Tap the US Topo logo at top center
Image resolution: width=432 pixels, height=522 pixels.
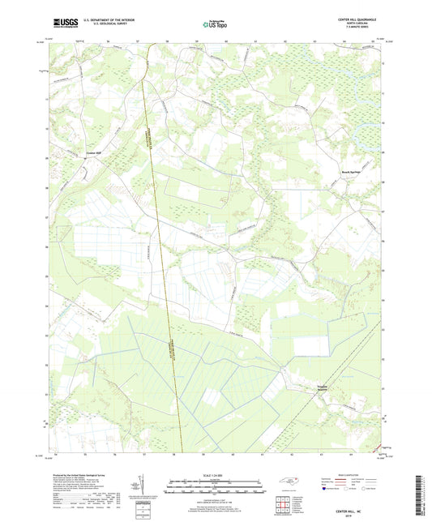click(x=212, y=25)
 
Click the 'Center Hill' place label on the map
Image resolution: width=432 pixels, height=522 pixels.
click(x=95, y=152)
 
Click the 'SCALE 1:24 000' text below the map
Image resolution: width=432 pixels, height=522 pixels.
click(x=216, y=475)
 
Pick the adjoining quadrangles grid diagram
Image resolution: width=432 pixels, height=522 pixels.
click(x=284, y=503)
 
